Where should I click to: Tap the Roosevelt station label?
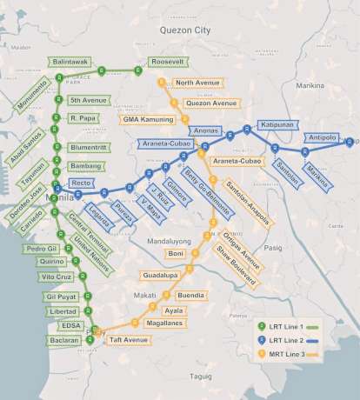165,63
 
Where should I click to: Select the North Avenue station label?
196,83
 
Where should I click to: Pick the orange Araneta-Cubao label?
237,162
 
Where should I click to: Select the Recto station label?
81,183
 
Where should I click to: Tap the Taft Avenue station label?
130,340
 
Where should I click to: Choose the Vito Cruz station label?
58,276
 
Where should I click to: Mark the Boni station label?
176,253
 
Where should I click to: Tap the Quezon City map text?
185,30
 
